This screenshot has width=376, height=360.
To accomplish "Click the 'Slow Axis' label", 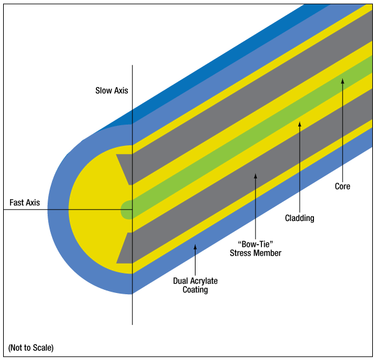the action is click(x=112, y=91).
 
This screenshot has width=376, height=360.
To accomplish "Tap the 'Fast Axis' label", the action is click(x=24, y=202).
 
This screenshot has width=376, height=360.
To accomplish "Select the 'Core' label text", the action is click(x=342, y=186).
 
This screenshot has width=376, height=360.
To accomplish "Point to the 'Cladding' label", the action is click(x=300, y=218).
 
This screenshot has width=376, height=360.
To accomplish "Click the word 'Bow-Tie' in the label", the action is click(x=256, y=244).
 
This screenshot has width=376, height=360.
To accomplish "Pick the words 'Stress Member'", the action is click(x=256, y=253).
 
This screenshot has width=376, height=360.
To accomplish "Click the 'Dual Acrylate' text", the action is click(x=195, y=280).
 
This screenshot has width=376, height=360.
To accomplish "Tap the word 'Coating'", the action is click(x=195, y=290).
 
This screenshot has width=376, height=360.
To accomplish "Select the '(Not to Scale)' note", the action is click(x=31, y=347).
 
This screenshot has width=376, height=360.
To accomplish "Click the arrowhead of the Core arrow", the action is click(x=343, y=81).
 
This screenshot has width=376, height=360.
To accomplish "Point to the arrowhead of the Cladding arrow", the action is click(x=300, y=124).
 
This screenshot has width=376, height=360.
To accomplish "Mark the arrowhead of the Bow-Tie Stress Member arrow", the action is click(x=256, y=176).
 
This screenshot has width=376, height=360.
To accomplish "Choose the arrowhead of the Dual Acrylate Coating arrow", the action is click(x=195, y=247).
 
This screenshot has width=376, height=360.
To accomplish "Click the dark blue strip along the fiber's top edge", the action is click(x=216, y=62).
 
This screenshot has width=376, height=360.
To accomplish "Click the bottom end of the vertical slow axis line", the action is click(x=132, y=325).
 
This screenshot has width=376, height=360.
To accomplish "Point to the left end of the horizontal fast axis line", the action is click(x=4, y=210).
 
